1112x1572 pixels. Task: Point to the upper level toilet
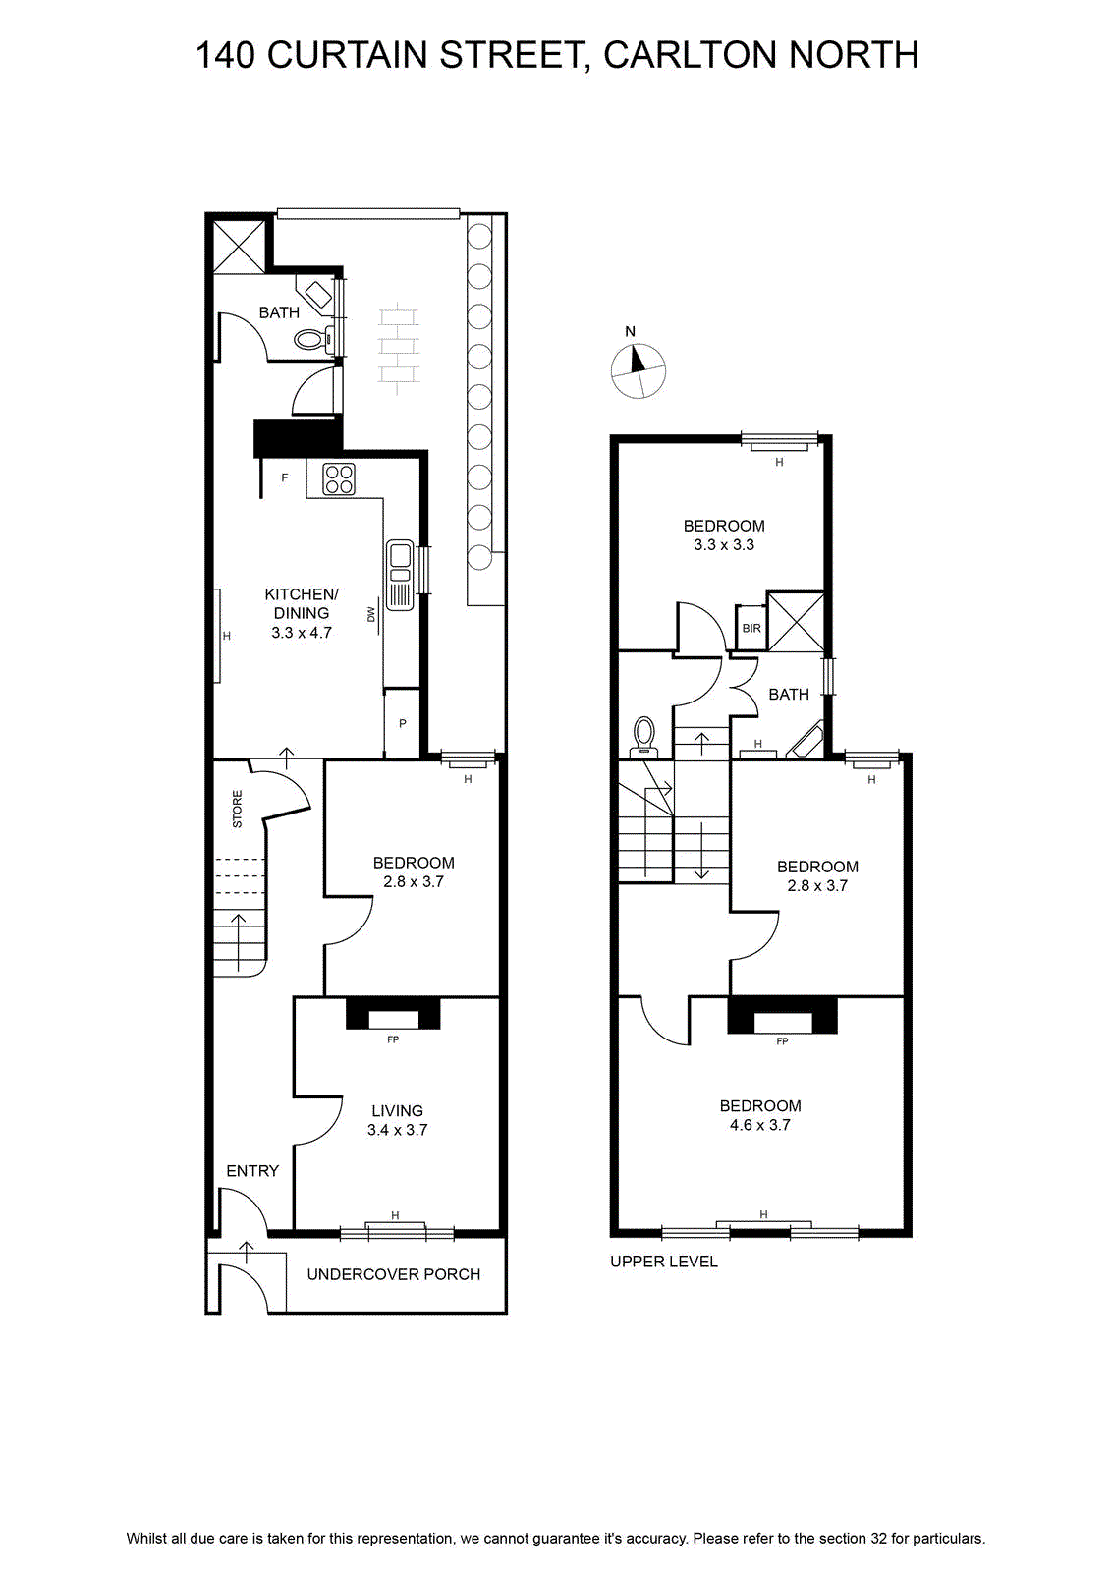pyautogui.click(x=642, y=736)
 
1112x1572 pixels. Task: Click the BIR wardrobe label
pyautogui.click(x=751, y=628)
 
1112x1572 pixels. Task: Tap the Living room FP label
pyautogui.click(x=393, y=1039)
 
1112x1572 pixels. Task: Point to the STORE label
pyautogui.click(x=237, y=809)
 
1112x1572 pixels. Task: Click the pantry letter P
pyautogui.click(x=403, y=723)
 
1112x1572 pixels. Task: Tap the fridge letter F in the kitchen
pyautogui.click(x=285, y=477)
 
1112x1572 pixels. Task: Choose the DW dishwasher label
pyautogui.click(x=370, y=615)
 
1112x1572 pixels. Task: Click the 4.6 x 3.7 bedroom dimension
pyautogui.click(x=759, y=1125)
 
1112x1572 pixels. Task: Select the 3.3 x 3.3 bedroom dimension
pyautogui.click(x=724, y=544)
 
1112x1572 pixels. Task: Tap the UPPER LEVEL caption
pyautogui.click(x=664, y=1262)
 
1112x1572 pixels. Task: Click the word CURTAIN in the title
pyautogui.click(x=348, y=55)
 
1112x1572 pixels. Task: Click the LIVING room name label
pyautogui.click(x=397, y=1110)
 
